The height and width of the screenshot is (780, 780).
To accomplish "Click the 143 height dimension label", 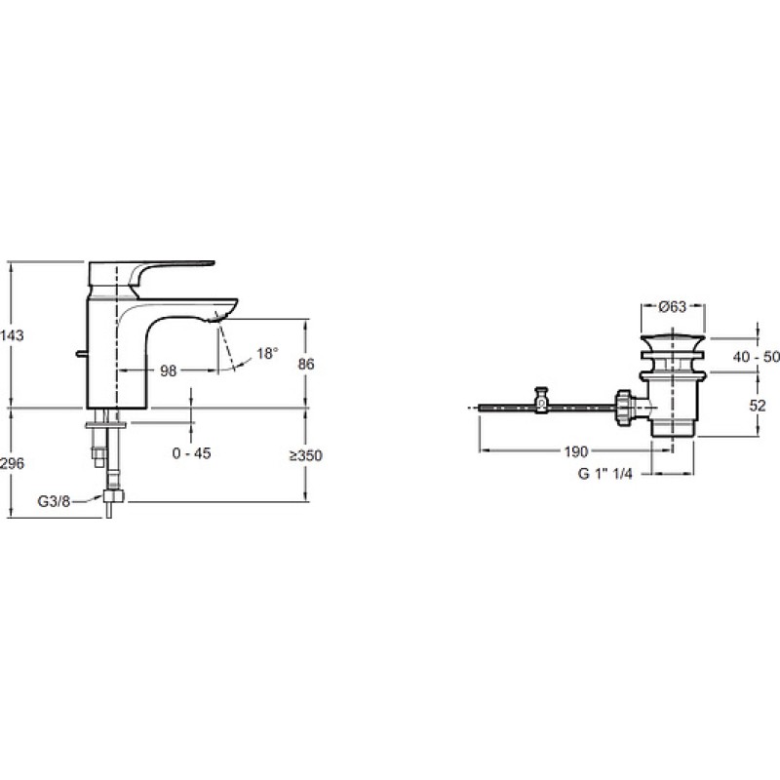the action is point(12,335).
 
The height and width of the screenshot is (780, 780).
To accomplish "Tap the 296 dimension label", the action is point(12,463).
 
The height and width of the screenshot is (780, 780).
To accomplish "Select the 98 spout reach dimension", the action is point(168,370).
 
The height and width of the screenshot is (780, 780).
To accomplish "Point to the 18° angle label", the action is point(267,354).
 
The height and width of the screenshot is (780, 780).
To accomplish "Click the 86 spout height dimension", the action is point(306,364).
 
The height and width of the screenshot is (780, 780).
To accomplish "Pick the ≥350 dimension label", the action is point(306,455).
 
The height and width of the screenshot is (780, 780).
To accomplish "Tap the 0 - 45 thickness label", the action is point(191,453).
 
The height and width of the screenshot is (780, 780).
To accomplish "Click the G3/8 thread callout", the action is point(54,501).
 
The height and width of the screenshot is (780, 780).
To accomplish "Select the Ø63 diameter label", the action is point(673,307).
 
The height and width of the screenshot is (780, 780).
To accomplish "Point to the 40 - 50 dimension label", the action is point(756,357).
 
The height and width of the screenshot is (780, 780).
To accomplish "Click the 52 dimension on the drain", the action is point(758,406).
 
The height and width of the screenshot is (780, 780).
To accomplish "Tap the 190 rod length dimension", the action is point(576,451).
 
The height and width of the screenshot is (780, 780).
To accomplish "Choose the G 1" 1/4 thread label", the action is point(604,474).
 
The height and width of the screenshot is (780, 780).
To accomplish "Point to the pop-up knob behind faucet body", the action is point(81,354).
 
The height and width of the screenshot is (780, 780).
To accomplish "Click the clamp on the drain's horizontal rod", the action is point(542,401).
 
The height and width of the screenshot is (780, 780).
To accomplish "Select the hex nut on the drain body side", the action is point(624,408).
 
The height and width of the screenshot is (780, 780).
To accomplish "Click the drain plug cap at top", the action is point(673,343).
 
